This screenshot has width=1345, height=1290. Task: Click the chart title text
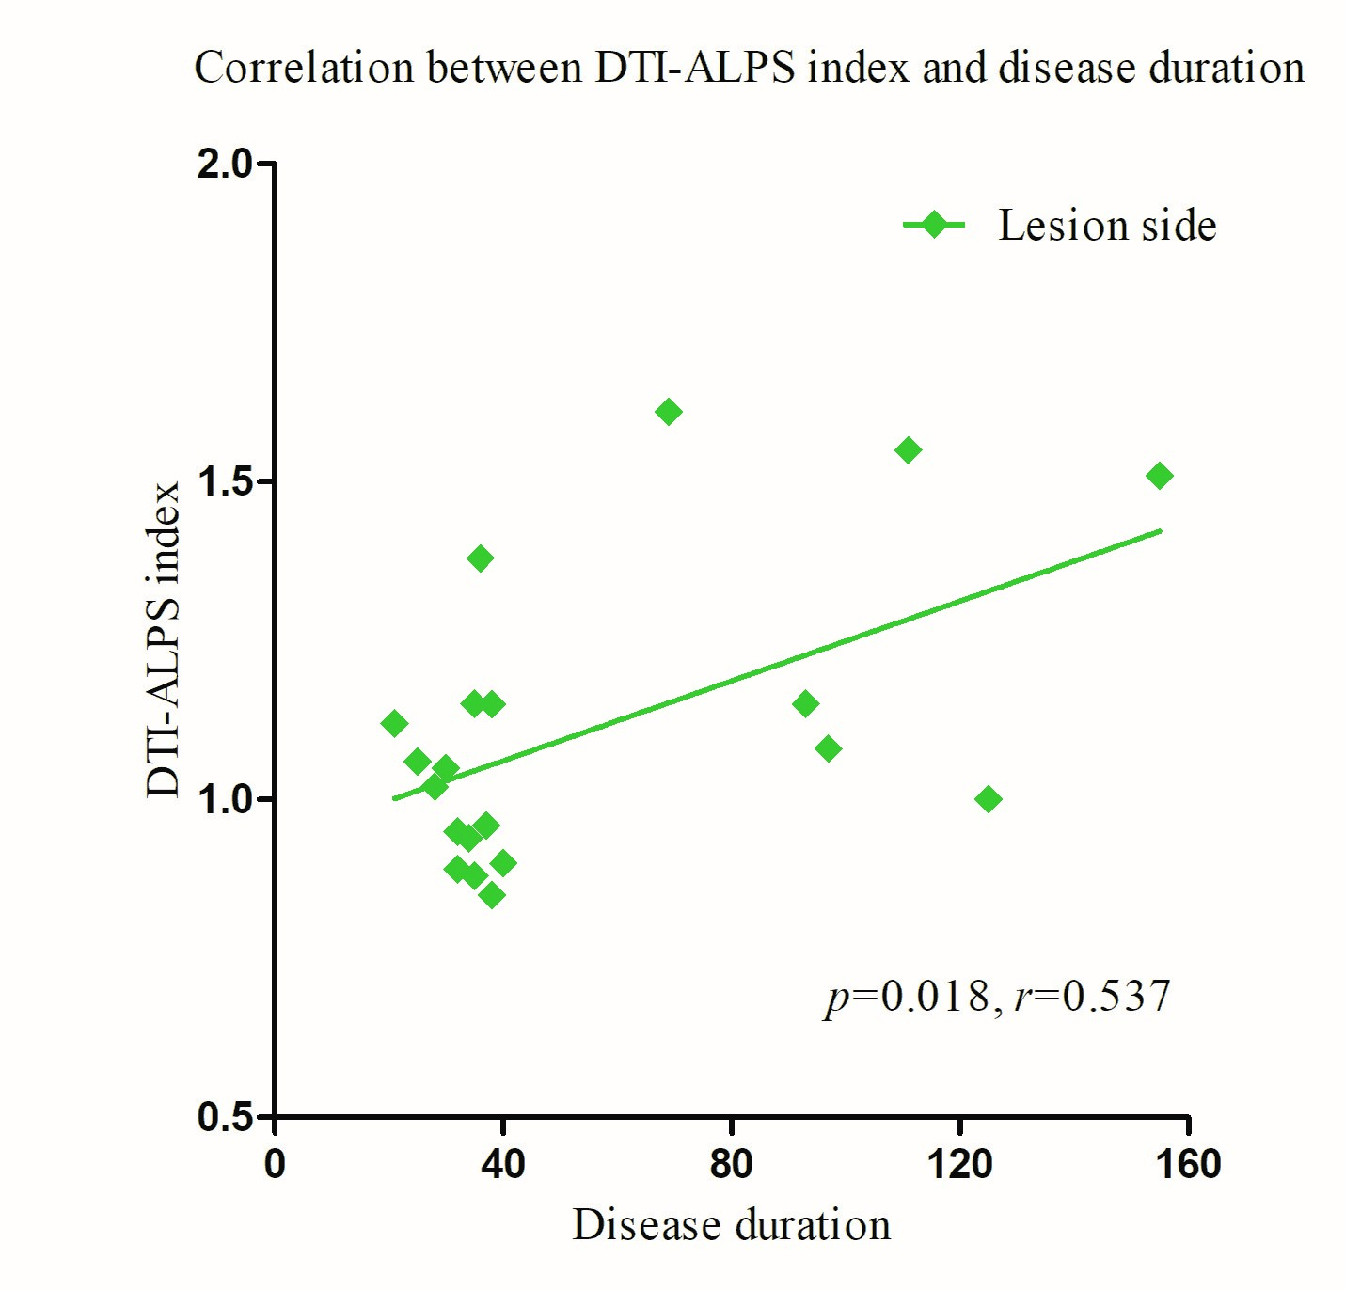point(749,69)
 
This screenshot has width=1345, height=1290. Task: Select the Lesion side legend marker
point(934,225)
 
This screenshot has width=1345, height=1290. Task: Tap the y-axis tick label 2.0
point(226,165)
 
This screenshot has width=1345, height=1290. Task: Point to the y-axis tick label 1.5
point(226,481)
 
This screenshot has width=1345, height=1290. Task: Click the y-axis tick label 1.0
point(226,799)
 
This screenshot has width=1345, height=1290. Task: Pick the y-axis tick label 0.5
point(226,1117)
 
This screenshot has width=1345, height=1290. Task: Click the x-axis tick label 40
point(502,1165)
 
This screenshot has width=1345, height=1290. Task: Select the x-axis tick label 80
point(731,1165)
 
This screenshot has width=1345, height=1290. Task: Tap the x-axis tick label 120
point(959,1165)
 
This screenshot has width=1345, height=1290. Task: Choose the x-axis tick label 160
point(1188,1165)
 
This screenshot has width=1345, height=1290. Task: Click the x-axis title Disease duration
point(731,1225)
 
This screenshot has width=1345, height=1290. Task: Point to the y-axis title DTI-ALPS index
point(164,639)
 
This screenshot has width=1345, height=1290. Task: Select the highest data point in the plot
point(668,412)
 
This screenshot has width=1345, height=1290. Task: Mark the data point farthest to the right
point(1160,476)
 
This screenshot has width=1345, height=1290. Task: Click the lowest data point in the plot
point(491,895)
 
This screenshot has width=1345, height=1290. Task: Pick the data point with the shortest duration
point(394,723)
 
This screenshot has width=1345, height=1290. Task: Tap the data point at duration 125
point(988,799)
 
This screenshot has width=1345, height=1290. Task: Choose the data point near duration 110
point(908,450)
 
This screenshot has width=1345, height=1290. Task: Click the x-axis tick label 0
point(275,1165)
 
